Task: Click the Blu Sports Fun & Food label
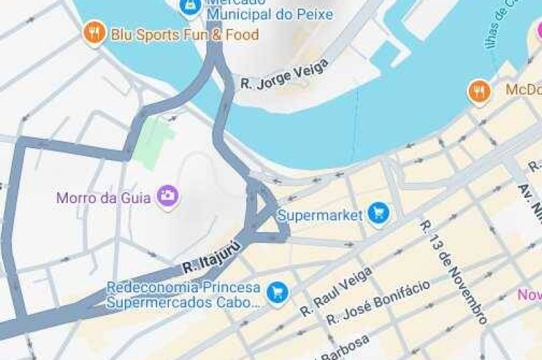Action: [x=184, y=34]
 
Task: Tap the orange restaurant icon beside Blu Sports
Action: [x=94, y=34]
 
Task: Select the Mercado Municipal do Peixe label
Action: [x=270, y=9]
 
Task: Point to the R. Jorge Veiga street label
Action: [x=284, y=74]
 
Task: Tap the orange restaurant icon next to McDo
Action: [x=479, y=91]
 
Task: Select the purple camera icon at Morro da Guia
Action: [x=167, y=196]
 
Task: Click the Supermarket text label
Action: [x=320, y=215]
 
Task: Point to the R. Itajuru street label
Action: [x=211, y=261]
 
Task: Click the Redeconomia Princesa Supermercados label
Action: [x=183, y=294]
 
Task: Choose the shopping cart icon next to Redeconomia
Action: [x=276, y=292]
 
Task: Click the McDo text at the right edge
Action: [x=523, y=90]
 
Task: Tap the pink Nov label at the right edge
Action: [x=529, y=294]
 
